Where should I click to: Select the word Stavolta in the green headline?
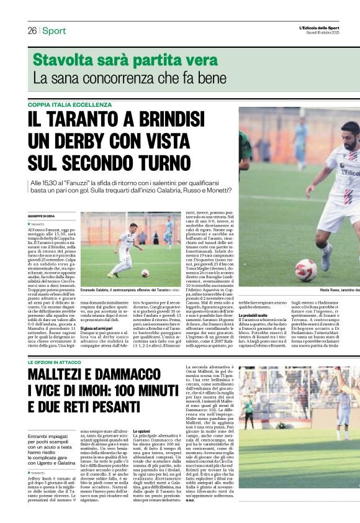tap(63, 60)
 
